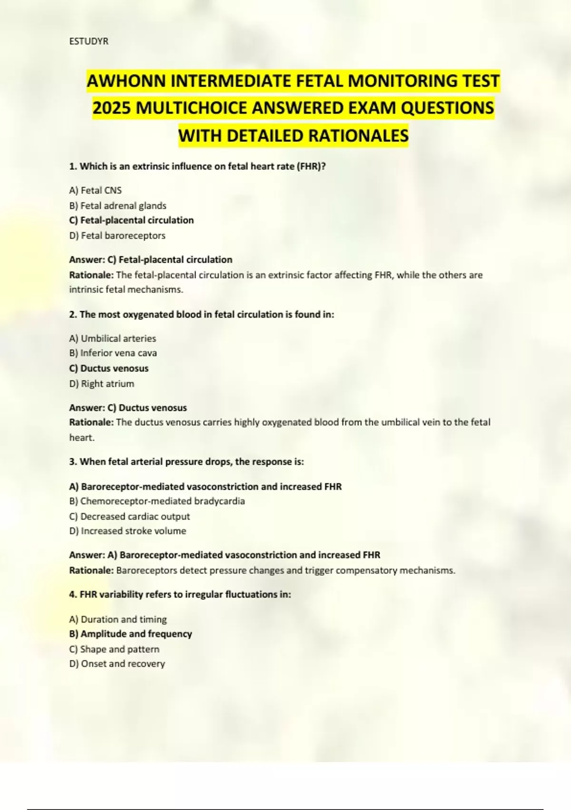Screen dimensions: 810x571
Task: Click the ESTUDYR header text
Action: [89, 41]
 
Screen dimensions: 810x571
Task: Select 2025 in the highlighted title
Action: [112, 108]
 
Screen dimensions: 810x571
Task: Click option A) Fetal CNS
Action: [95, 191]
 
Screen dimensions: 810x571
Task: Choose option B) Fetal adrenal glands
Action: [118, 206]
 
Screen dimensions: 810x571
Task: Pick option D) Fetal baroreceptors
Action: [117, 235]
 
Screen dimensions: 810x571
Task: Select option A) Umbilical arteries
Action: [112, 338]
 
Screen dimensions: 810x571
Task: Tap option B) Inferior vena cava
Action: [113, 353]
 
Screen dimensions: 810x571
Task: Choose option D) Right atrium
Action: [101, 384]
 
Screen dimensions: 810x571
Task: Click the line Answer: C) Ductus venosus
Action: [128, 408]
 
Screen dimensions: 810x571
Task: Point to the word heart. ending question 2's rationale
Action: [82, 437]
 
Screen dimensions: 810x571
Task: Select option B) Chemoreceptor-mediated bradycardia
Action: [157, 501]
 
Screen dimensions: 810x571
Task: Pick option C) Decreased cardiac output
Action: [129, 516]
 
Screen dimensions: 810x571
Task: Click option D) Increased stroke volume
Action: [128, 531]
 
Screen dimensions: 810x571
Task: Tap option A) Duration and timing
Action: [118, 619]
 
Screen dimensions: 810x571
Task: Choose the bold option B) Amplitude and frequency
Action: [130, 634]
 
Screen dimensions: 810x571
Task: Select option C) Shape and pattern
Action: [114, 649]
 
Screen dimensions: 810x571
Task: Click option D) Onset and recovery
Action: [117, 664]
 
